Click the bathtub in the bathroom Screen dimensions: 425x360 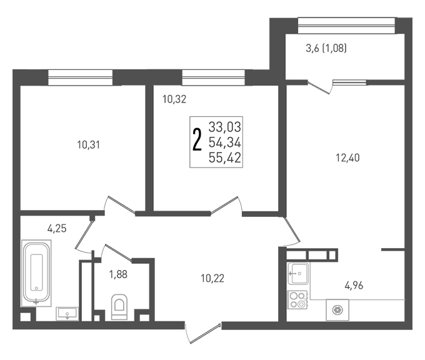[36, 273]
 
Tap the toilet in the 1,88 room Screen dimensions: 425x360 [119, 307]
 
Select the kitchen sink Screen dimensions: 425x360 [298, 273]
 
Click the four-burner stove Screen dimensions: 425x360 [297, 299]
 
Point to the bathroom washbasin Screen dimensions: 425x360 [67, 314]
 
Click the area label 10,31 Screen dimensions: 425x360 [88, 145]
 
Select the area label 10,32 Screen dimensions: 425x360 [174, 99]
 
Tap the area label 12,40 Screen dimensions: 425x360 [347, 157]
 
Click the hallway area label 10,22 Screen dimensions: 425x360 [212, 278]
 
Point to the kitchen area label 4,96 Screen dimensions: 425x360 [354, 286]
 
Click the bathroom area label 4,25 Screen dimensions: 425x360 [57, 229]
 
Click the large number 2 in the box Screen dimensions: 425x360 [197, 139]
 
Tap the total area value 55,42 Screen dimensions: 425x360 [225, 157]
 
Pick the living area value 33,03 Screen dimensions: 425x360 [225, 127]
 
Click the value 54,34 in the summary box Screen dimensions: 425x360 [225, 142]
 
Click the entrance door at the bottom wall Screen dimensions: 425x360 [203, 333]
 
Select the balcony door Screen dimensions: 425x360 [320, 87]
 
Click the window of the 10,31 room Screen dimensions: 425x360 [80, 77]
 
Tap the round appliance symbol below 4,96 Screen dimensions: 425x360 [337, 310]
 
